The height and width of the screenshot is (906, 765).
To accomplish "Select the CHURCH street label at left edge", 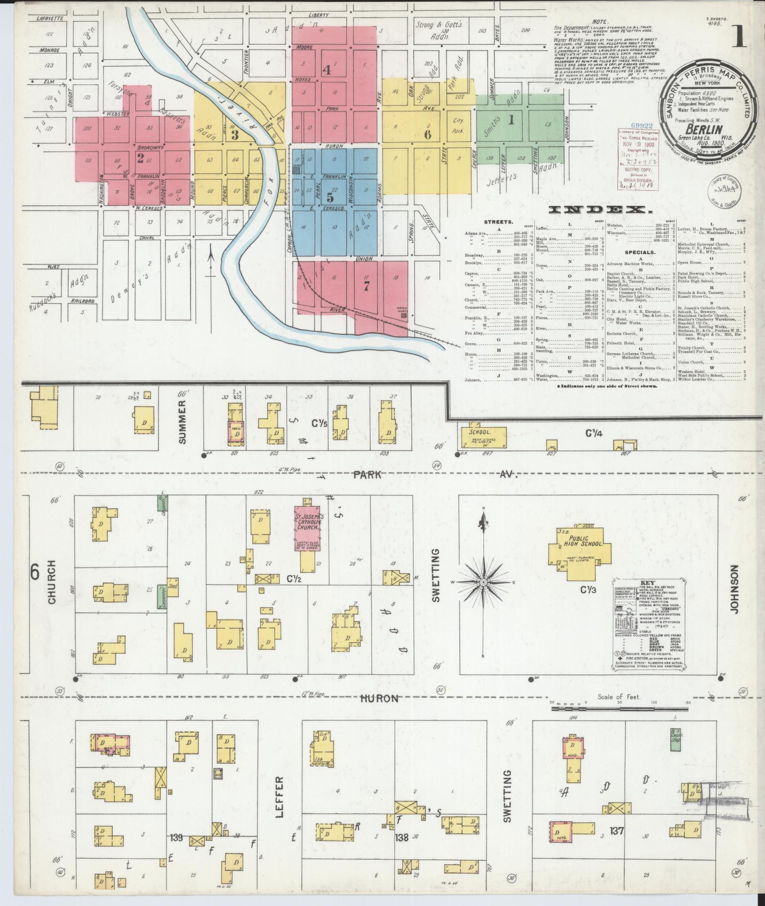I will [x=51, y=582].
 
